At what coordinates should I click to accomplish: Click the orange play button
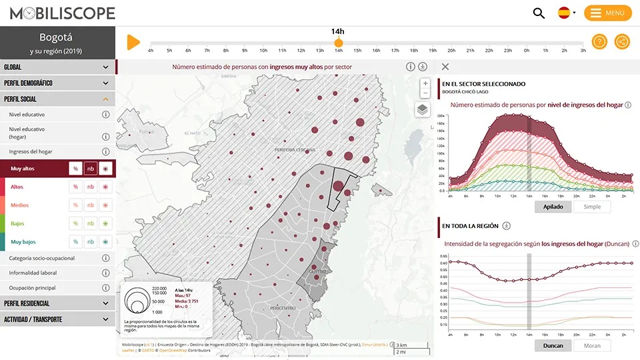[133, 42]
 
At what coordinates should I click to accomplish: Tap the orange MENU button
[607, 13]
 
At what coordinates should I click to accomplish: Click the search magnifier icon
[539, 13]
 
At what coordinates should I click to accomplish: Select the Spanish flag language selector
[564, 13]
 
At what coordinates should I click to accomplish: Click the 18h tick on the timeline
[414, 50]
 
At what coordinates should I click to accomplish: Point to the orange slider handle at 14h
[339, 43]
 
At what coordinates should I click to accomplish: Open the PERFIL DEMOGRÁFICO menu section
[57, 83]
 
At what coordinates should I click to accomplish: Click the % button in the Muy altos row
[75, 169]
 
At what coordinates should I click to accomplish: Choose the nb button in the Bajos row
[90, 224]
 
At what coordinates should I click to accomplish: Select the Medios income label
[20, 205]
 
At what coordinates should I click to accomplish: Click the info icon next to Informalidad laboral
[105, 273]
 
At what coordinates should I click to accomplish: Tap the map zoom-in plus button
[425, 83]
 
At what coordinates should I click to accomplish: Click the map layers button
[422, 109]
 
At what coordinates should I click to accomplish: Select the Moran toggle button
[592, 345]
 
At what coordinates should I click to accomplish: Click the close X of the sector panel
[445, 67]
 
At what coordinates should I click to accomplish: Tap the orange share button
[622, 42]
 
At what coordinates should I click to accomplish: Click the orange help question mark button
[599, 42]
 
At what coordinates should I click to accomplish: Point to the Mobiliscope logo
[62, 13]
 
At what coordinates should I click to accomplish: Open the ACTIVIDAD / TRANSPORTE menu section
[57, 319]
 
